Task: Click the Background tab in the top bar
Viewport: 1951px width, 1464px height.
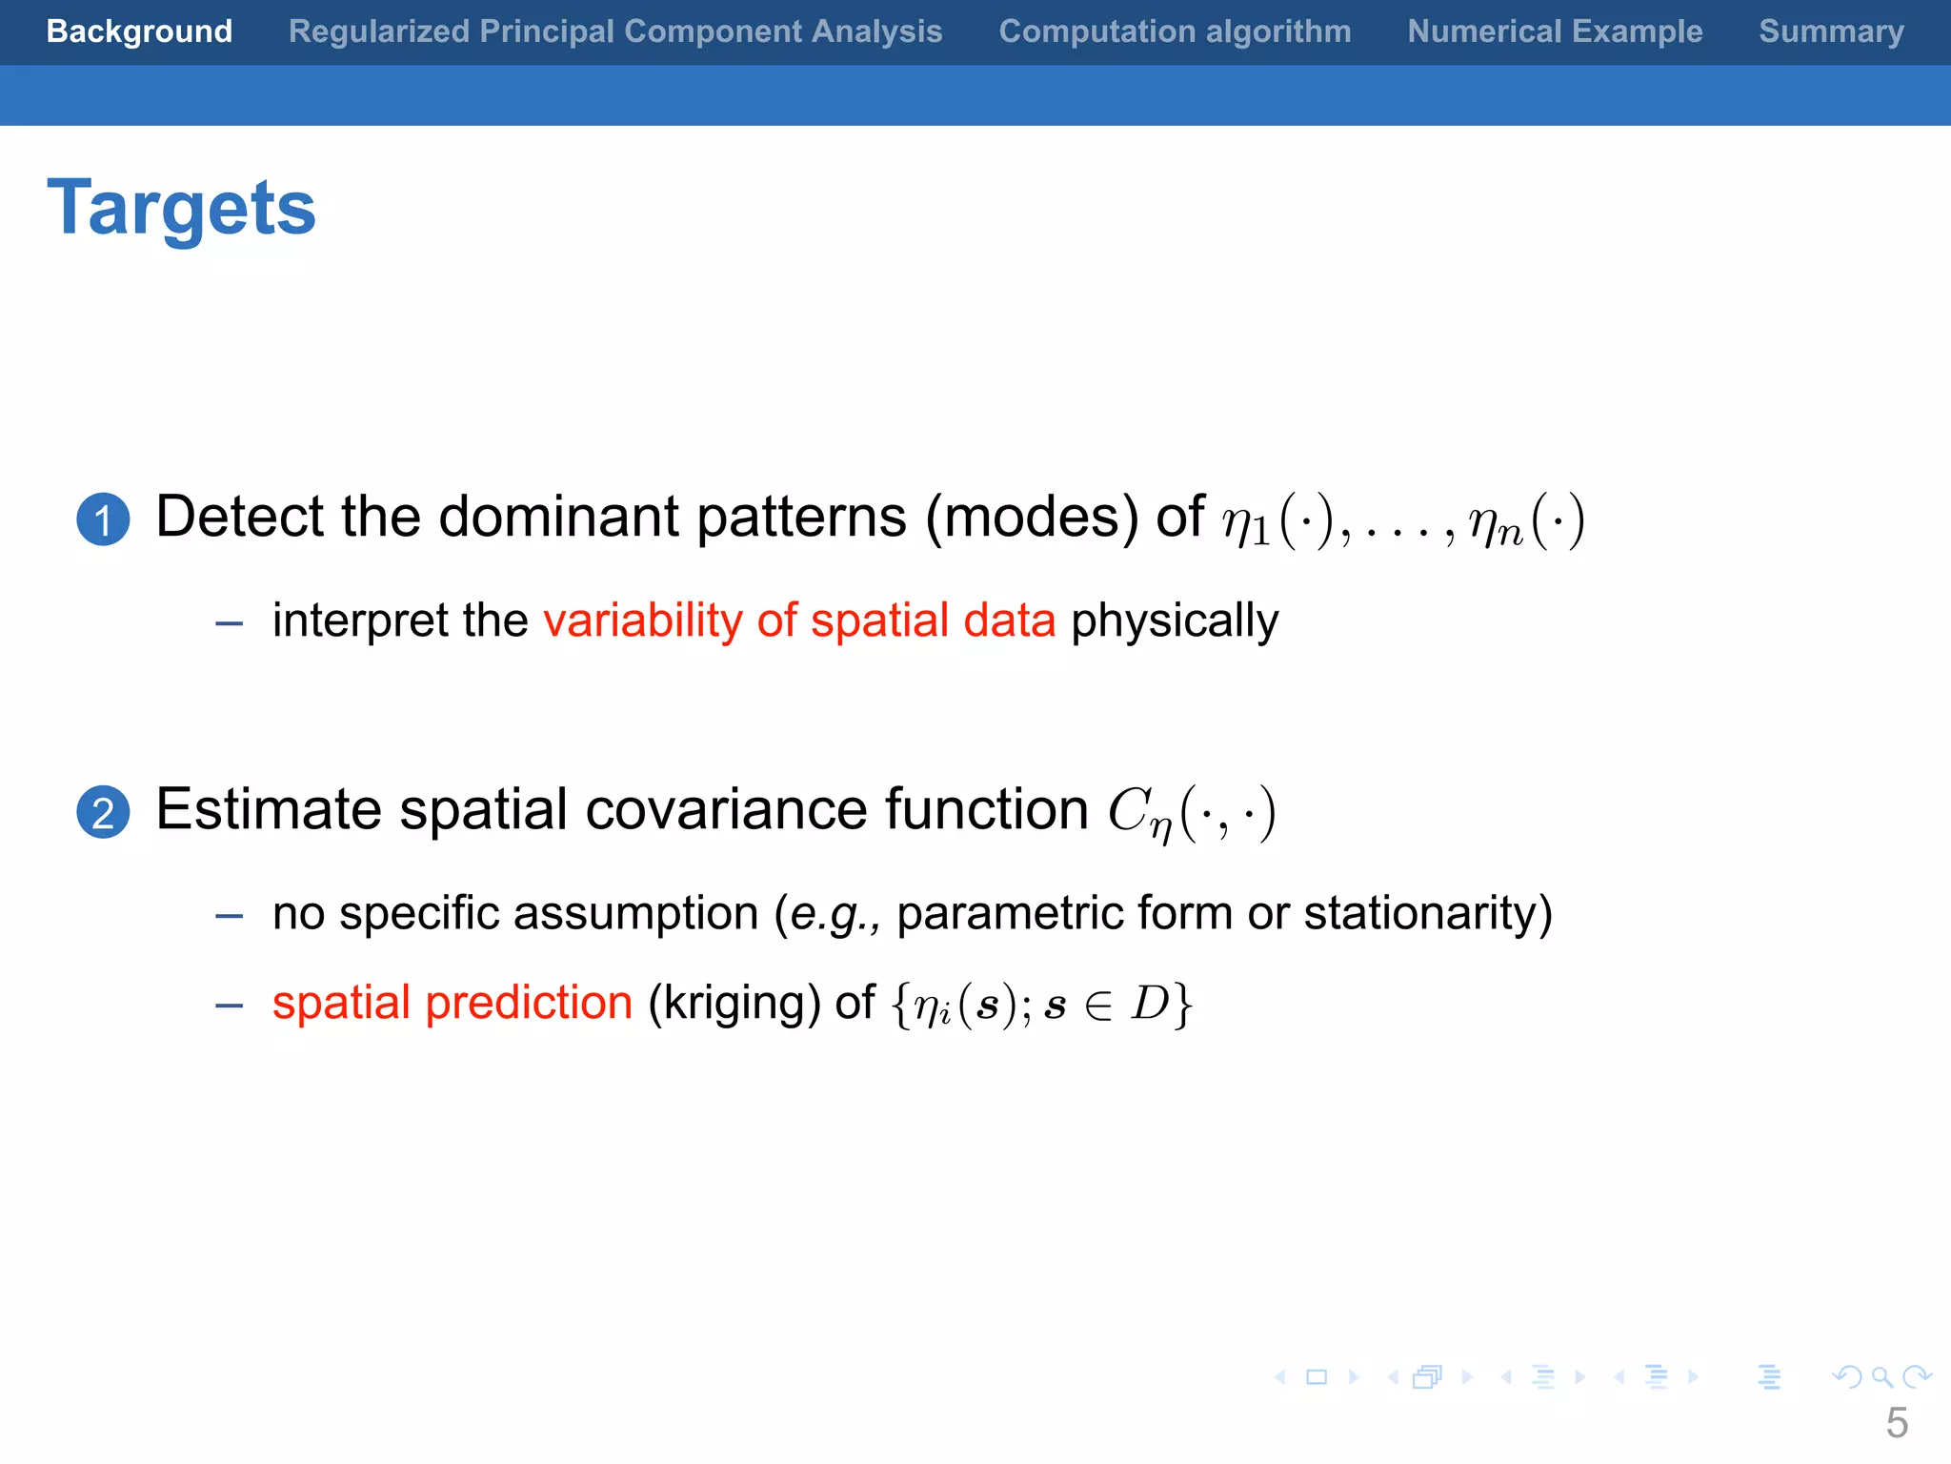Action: [x=139, y=31]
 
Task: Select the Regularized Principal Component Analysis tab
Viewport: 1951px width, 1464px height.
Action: [x=615, y=31]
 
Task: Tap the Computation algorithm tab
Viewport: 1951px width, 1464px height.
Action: [x=1175, y=31]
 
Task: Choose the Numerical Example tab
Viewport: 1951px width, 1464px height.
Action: [x=1555, y=31]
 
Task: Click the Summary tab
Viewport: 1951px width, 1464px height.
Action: [x=1831, y=31]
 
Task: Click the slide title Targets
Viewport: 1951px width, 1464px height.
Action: [x=181, y=208]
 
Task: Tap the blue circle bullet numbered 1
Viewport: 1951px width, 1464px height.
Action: [x=103, y=519]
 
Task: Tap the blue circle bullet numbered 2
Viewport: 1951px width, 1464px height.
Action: [x=103, y=812]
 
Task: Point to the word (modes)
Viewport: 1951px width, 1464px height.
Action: [x=1032, y=518]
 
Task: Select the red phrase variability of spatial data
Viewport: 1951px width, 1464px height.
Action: [x=799, y=620]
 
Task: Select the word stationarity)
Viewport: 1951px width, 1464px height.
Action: [x=1427, y=914]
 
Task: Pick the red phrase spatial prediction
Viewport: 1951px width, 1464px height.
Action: [x=453, y=1003]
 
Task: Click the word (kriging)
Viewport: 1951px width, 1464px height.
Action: [x=734, y=1004]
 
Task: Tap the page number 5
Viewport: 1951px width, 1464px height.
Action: [x=1897, y=1423]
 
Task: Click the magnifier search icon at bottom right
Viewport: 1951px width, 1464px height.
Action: [x=1881, y=1377]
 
